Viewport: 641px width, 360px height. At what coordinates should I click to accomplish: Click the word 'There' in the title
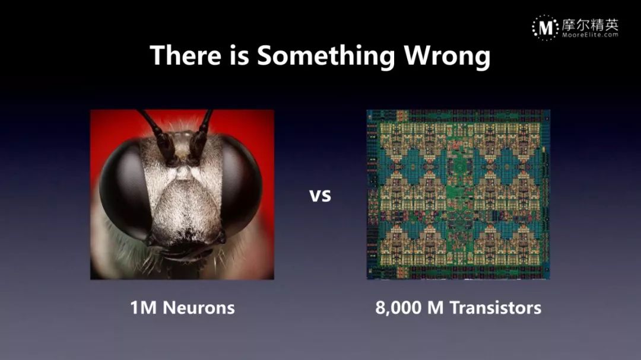point(186,55)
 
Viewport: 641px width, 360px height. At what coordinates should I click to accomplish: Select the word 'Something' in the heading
point(326,57)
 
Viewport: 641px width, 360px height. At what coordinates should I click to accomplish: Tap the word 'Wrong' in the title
point(448,56)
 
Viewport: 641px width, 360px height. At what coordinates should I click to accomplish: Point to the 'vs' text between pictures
point(320,195)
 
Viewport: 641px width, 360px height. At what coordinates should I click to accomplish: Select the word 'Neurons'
point(199,308)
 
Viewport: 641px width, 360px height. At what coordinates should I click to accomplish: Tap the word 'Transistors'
point(496,308)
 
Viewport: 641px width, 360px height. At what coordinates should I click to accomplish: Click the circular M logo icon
point(545,28)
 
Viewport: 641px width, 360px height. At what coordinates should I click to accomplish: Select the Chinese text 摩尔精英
point(590,25)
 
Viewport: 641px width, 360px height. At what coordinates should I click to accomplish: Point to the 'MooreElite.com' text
point(590,35)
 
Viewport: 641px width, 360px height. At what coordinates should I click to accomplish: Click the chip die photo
point(458,195)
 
